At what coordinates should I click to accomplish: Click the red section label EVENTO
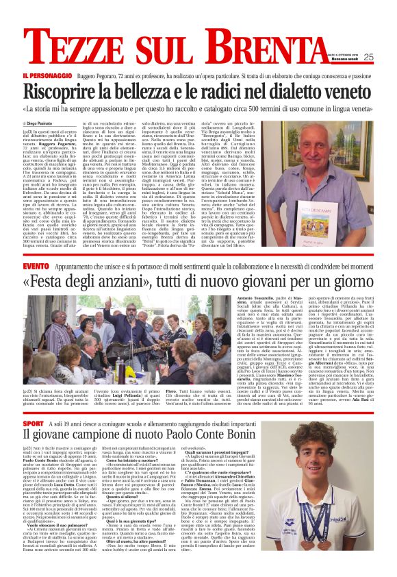click(x=35, y=265)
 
